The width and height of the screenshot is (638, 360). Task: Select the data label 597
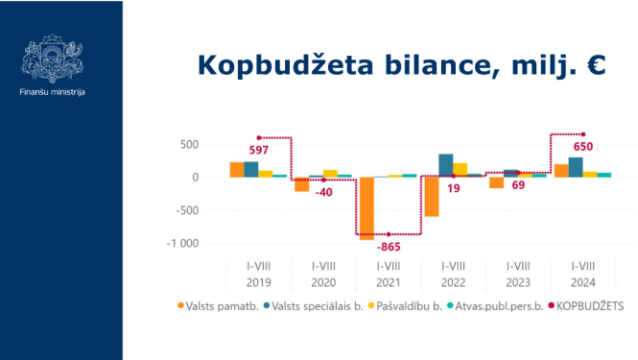tap(259, 150)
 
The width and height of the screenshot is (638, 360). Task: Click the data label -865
tap(389, 248)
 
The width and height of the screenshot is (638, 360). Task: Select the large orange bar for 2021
tap(366, 207)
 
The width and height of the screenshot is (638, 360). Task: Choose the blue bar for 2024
tap(576, 167)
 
